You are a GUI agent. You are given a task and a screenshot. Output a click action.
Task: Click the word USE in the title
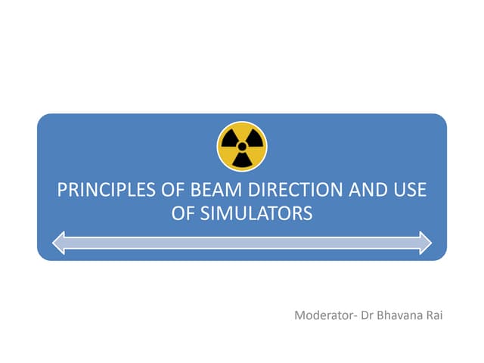click(x=409, y=190)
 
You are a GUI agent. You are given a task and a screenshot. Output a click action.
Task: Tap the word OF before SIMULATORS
click(x=184, y=214)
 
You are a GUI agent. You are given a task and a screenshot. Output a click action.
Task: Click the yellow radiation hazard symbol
click(x=242, y=147)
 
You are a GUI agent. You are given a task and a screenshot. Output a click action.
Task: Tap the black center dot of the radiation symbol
click(x=242, y=147)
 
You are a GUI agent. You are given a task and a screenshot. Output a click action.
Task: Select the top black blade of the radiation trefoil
click(x=242, y=134)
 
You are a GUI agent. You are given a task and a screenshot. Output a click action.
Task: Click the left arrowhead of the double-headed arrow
click(x=61, y=243)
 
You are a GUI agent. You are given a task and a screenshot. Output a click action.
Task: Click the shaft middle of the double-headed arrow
click(x=242, y=243)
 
